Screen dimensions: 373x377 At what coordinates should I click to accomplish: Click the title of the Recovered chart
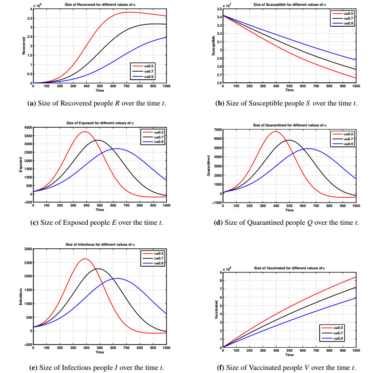[x=100, y=4]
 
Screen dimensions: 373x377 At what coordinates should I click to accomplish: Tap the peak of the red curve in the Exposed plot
[x=84, y=132]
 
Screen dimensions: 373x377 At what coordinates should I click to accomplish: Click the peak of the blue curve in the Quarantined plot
[x=308, y=149]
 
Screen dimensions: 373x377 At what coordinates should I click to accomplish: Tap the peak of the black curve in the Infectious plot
[x=98, y=268]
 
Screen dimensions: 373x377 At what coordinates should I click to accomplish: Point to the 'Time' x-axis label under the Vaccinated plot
[x=289, y=355]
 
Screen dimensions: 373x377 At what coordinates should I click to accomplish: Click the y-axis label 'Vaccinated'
[x=215, y=309]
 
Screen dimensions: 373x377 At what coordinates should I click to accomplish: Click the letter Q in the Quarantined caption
[x=309, y=222]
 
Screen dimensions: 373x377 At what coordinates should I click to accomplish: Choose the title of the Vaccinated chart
[x=290, y=268]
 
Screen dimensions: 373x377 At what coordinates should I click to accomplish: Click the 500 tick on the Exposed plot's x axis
[x=100, y=206]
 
